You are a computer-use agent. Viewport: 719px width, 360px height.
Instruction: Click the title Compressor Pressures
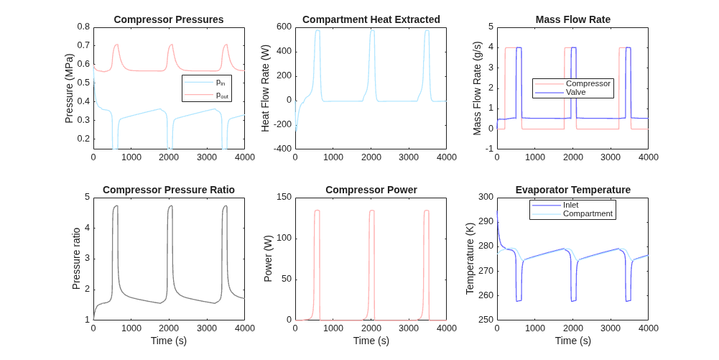[169, 19]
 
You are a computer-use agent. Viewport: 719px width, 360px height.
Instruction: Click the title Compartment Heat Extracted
[371, 19]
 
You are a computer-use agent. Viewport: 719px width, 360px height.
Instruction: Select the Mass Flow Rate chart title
[572, 19]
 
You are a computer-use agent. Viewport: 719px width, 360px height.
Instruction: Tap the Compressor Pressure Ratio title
[169, 190]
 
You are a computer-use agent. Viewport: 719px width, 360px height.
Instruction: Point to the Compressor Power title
[371, 190]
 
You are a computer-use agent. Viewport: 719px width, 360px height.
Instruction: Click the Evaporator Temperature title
[572, 190]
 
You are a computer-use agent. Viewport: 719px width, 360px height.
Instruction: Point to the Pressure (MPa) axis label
[69, 88]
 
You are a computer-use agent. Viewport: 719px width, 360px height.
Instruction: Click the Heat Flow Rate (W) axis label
[266, 88]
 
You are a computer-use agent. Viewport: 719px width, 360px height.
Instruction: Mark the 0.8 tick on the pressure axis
[83, 27]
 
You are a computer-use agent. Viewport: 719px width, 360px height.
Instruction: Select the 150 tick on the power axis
[284, 197]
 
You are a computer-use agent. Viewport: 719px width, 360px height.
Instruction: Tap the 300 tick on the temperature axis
[486, 197]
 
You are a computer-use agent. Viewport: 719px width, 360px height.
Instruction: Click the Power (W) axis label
[268, 259]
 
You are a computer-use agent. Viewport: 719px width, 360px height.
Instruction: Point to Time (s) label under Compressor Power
[371, 341]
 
